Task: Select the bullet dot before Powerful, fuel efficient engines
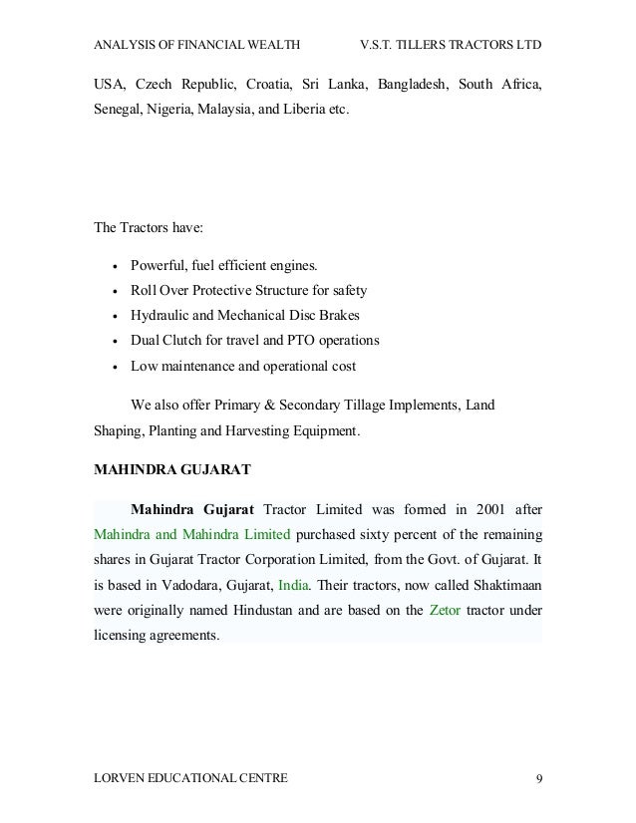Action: [x=118, y=267]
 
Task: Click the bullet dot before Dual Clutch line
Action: [x=118, y=342]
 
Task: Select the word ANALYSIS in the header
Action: [x=126, y=47]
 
